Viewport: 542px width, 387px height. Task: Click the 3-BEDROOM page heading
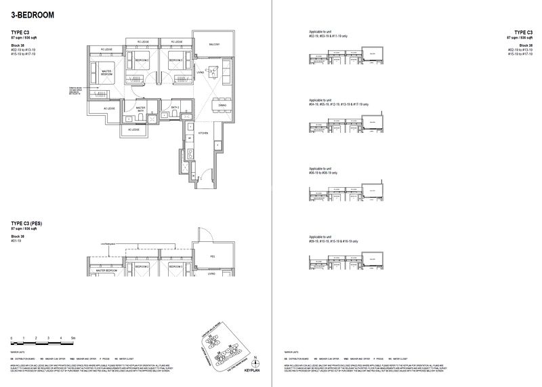[33, 14]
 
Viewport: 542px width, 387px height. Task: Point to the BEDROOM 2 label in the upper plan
[142, 60]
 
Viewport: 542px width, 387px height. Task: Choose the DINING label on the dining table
[222, 105]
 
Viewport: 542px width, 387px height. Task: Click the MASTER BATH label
[141, 108]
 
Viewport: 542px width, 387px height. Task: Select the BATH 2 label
[174, 107]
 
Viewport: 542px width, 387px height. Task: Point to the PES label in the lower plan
[212, 257]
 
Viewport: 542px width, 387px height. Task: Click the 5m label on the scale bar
[73, 337]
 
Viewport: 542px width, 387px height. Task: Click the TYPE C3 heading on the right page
[523, 32]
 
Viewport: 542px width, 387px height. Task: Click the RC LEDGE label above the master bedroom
[106, 49]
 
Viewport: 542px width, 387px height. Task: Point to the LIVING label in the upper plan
[201, 71]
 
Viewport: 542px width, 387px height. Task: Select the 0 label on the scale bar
[12, 337]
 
